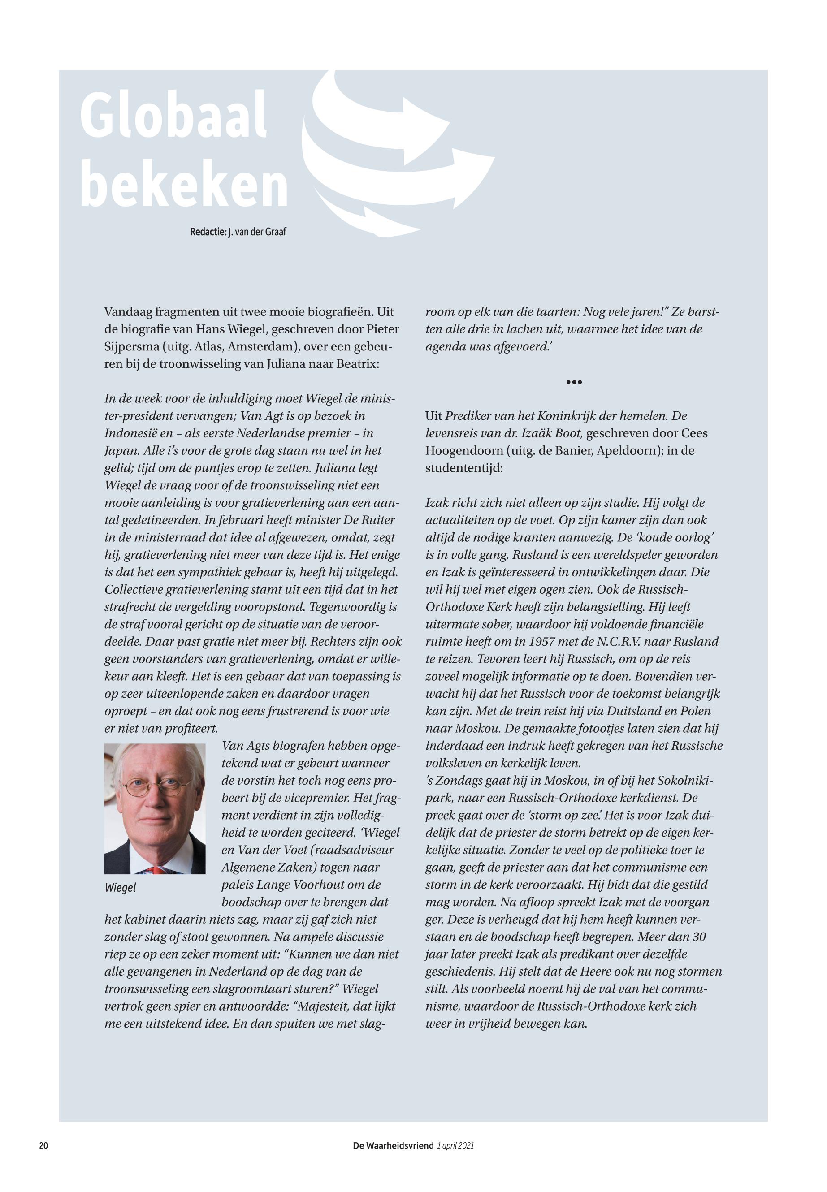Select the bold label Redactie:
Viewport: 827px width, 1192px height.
point(208,232)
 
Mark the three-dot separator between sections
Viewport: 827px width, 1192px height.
point(574,382)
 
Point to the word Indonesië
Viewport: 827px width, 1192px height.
point(134,434)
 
